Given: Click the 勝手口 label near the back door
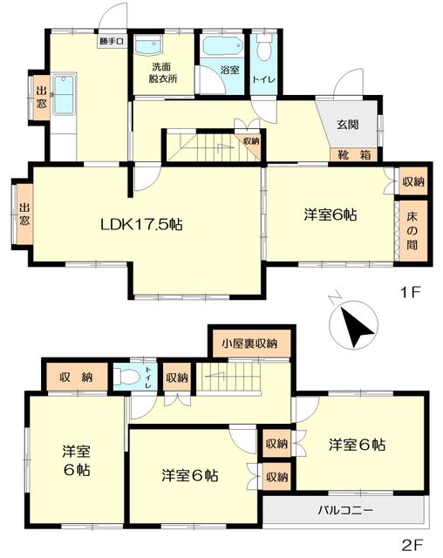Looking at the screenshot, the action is pos(112,41).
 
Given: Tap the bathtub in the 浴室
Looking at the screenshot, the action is pos(223,47).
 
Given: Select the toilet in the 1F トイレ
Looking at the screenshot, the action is pos(264,48).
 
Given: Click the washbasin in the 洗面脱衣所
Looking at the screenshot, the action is pos(149,46).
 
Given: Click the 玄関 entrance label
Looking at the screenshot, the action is pos(348,125).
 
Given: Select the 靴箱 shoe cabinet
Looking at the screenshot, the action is pos(354,155).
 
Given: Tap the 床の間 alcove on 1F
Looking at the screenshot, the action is pos(412,231).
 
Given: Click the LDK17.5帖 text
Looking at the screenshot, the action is pos(141,225).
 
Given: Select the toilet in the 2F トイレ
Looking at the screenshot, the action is pos(126,377).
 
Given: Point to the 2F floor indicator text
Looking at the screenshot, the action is pos(412,544).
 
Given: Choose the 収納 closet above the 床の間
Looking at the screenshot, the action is pos(413,182).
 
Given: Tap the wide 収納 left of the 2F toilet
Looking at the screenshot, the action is pos(76,377).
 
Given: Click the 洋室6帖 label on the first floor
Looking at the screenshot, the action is pos(331,215).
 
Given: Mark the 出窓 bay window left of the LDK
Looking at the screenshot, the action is pos(24,214).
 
